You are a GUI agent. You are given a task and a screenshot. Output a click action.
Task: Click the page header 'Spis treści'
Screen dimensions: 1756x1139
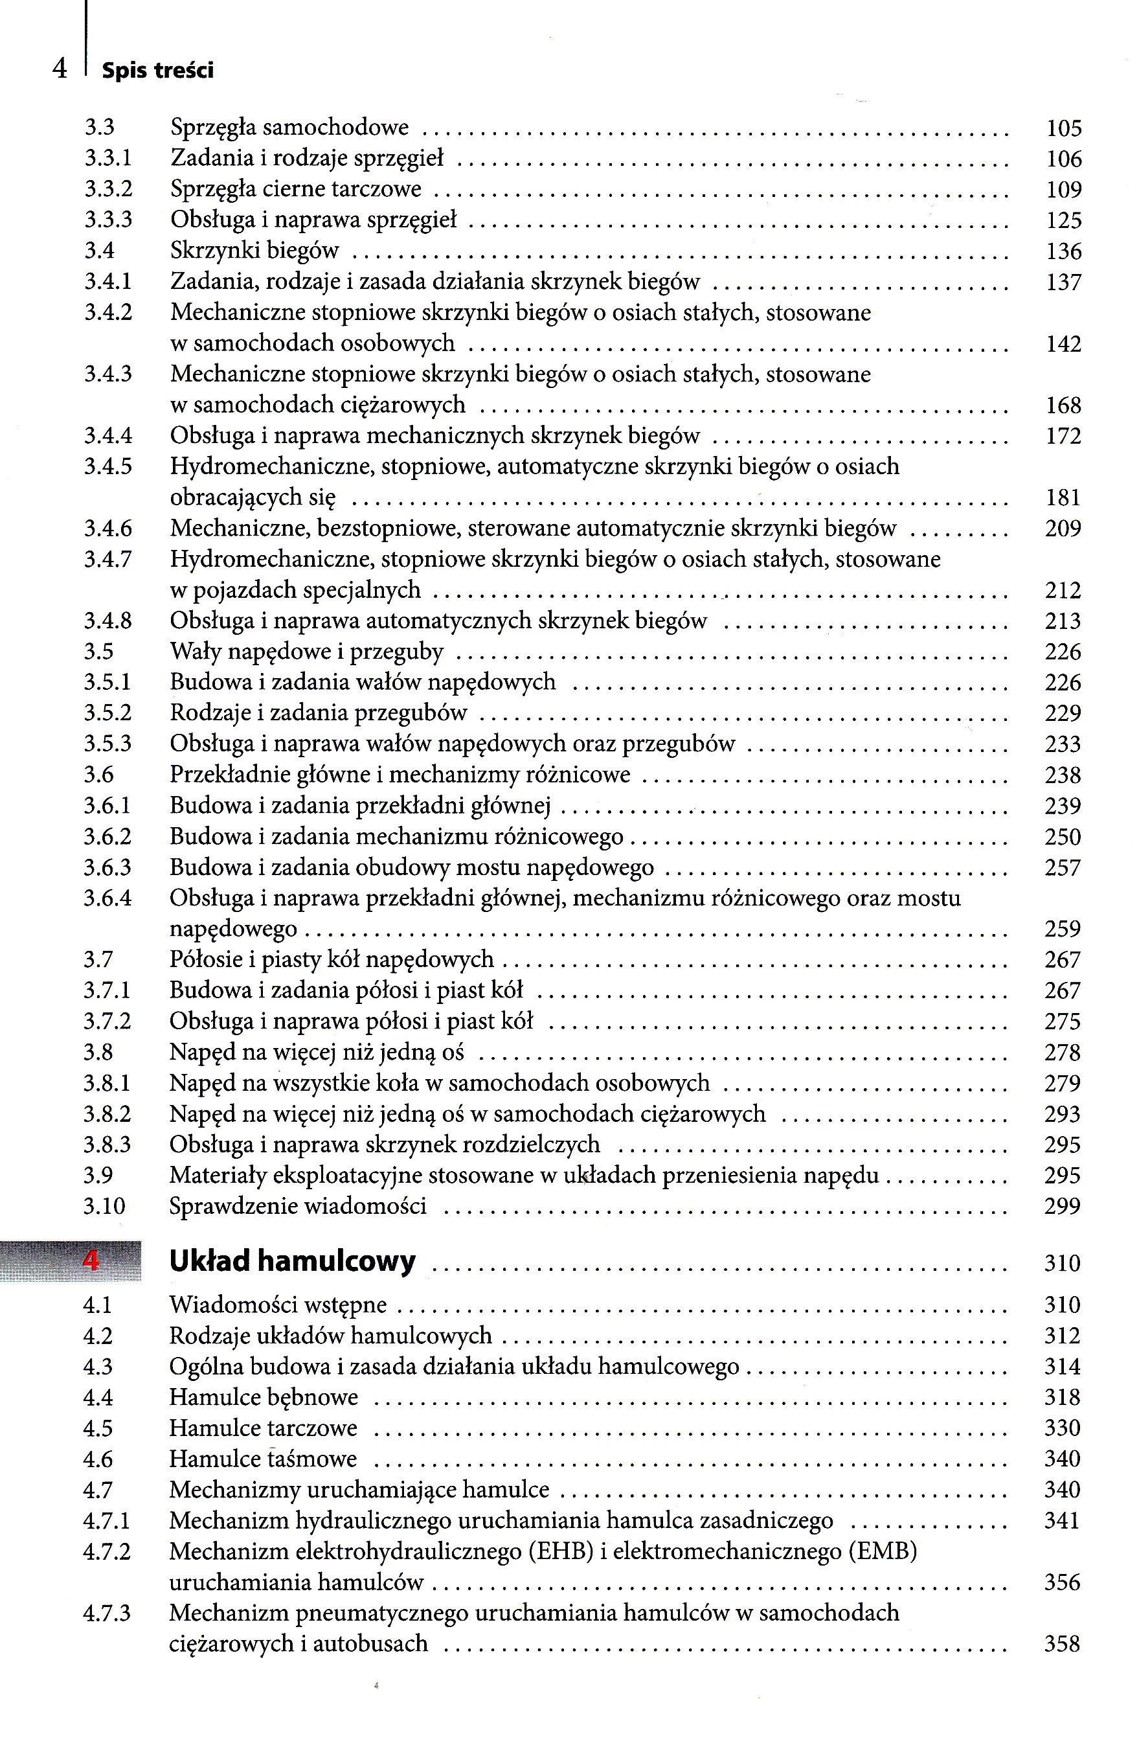point(157,71)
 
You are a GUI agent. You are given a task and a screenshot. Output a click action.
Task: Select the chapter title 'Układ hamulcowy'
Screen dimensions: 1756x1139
point(292,1261)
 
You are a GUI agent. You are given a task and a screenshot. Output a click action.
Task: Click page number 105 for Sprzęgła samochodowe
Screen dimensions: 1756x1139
point(1063,128)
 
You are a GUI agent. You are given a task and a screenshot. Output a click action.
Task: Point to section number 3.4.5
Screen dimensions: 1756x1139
point(107,466)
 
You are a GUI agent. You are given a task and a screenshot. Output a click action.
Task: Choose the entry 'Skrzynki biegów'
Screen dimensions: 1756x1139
point(254,251)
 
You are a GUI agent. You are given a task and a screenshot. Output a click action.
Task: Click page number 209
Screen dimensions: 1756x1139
point(1063,529)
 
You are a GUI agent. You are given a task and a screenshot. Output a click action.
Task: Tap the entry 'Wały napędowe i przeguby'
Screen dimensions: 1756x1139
point(306,652)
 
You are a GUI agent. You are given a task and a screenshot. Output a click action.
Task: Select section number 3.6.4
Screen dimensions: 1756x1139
point(107,898)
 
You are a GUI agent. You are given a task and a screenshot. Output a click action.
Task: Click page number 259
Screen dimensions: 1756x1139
point(1063,929)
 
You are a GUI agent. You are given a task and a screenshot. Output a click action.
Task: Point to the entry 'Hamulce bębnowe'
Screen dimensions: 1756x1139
point(264,1397)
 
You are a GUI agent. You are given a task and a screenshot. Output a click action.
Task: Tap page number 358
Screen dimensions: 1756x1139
point(1063,1644)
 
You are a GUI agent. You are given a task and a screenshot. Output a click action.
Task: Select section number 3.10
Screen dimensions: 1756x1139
point(104,1206)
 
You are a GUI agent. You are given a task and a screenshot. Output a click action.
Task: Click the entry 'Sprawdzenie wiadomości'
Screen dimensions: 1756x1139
point(298,1206)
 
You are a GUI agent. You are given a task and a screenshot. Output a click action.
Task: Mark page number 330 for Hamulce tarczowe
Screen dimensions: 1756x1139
point(1063,1428)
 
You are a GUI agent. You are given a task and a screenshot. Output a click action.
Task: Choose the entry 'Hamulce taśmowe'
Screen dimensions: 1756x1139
point(263,1459)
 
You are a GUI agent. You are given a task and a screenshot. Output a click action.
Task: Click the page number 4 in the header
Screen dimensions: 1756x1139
point(60,69)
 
